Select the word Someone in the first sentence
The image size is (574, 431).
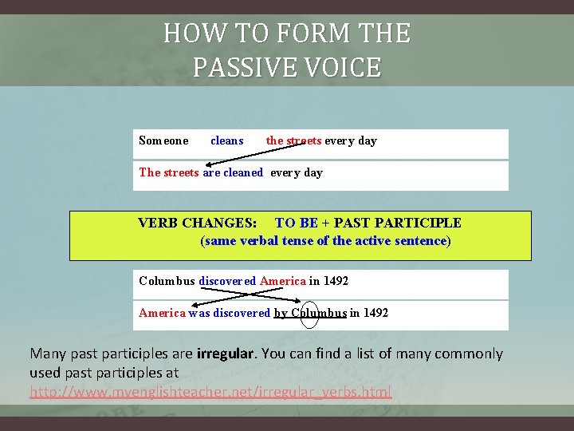163,140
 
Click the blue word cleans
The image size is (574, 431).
227,140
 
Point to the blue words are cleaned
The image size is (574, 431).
233,172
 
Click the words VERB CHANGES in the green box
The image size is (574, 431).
198,223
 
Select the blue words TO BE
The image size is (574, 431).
296,223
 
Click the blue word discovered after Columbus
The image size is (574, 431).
227,281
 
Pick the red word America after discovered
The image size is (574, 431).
283,281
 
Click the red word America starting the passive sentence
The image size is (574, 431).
162,313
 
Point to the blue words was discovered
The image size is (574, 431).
230,313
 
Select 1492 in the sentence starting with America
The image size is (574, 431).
375,313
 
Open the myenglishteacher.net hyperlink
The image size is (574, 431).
210,392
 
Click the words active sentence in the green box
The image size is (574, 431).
406,240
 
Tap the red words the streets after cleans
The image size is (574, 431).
293,140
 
